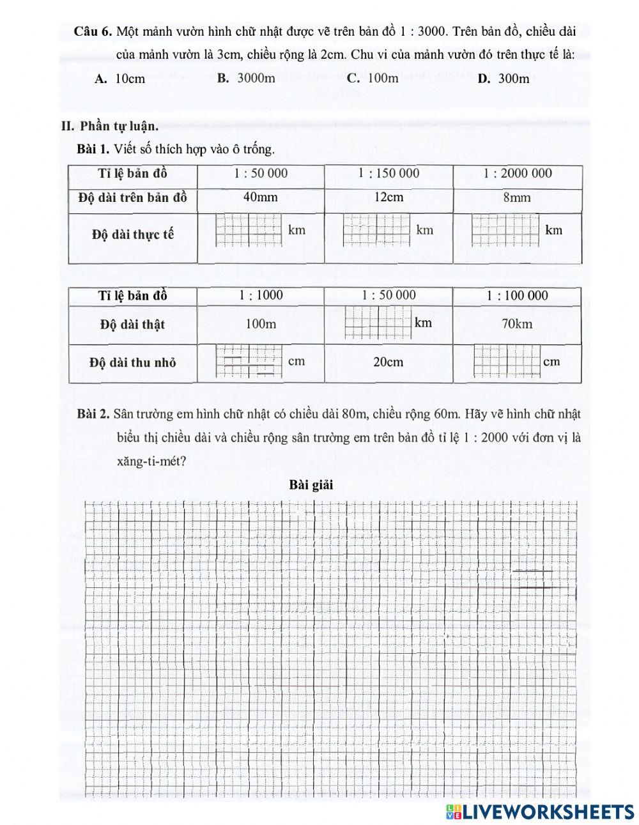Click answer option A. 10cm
click(x=120, y=79)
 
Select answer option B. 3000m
click(x=246, y=78)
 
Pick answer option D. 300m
click(x=504, y=79)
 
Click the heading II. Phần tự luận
click(x=110, y=125)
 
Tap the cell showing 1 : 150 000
click(x=389, y=173)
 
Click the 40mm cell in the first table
click(x=261, y=197)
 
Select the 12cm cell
click(x=389, y=197)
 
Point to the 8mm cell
click(x=517, y=197)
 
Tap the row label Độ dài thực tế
click(x=133, y=234)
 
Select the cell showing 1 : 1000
click(x=261, y=295)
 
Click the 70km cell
click(x=517, y=324)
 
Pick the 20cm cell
click(x=389, y=362)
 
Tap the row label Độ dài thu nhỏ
click(x=133, y=362)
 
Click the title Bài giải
click(x=311, y=484)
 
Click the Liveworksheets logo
click(x=540, y=811)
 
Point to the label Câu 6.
click(x=93, y=31)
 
